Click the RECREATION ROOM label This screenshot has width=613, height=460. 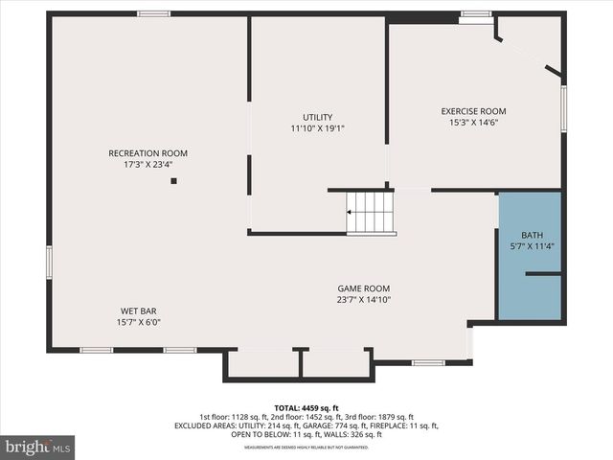coord(148,153)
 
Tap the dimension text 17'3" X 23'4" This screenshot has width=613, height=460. coord(148,165)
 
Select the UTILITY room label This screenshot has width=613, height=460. coord(318,117)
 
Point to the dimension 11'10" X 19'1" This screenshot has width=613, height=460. coord(318,128)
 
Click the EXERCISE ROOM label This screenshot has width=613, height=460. coord(473,111)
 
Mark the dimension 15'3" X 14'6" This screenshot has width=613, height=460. coord(473,123)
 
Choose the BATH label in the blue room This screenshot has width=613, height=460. coord(532,236)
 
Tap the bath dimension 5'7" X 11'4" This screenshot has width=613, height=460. coord(532,247)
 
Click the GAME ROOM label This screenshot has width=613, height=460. coord(363,288)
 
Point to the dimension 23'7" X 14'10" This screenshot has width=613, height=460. coord(363,300)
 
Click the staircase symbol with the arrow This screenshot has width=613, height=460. coord(371,212)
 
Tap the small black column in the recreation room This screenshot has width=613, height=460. coord(173,179)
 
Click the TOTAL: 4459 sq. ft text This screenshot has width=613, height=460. coord(306,407)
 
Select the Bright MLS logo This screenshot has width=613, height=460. coord(38,447)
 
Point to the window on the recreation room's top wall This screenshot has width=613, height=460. coord(153,13)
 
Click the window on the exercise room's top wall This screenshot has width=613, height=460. coord(475,14)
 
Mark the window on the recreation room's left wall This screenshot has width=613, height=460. coord(49,262)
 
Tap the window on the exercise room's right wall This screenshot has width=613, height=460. coord(564,108)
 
